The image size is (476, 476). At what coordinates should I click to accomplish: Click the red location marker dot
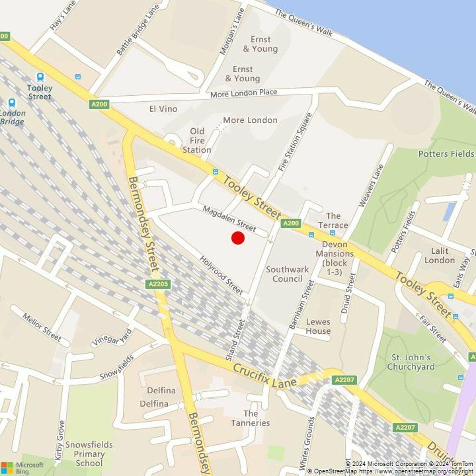tap(238, 238)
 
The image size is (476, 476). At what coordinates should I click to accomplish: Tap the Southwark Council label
tap(287, 274)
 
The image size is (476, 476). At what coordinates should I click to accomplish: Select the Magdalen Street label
tap(229, 218)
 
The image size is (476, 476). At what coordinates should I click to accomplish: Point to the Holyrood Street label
tap(221, 275)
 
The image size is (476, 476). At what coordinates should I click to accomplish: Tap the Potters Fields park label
tap(446, 154)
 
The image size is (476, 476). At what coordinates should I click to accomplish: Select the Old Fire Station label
tap(197, 140)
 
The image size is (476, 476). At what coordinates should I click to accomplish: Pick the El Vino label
tap(163, 109)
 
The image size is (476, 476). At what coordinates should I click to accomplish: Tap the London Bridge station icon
tap(12, 103)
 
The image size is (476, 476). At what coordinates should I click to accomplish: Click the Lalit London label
tap(439, 256)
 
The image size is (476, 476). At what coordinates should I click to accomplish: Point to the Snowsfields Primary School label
tap(89, 454)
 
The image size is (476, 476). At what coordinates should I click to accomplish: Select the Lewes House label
tap(318, 326)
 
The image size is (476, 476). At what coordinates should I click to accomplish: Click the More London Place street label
tap(244, 93)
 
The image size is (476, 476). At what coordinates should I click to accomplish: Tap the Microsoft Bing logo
tap(22, 468)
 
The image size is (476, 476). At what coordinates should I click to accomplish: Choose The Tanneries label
tap(250, 418)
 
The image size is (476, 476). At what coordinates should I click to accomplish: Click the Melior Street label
tap(42, 327)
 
